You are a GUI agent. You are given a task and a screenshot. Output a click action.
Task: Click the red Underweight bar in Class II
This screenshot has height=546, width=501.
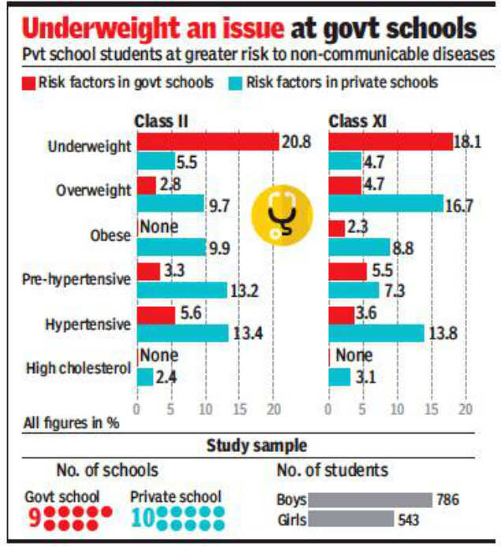click(208, 142)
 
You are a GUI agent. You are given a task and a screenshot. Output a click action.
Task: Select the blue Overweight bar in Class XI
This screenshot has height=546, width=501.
click(385, 204)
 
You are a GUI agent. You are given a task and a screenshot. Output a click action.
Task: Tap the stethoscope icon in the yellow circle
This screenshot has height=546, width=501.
click(282, 215)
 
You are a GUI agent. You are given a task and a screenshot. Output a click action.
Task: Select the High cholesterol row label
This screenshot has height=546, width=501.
click(77, 367)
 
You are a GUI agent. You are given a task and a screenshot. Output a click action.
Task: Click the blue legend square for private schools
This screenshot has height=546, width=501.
click(234, 82)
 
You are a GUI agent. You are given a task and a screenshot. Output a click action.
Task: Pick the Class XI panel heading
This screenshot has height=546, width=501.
click(357, 121)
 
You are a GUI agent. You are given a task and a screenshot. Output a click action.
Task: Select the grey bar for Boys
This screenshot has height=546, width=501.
click(370, 499)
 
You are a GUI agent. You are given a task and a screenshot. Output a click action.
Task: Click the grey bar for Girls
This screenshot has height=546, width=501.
click(351, 518)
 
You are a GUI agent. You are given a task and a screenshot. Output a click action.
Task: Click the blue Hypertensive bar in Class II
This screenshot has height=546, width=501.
click(182, 332)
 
